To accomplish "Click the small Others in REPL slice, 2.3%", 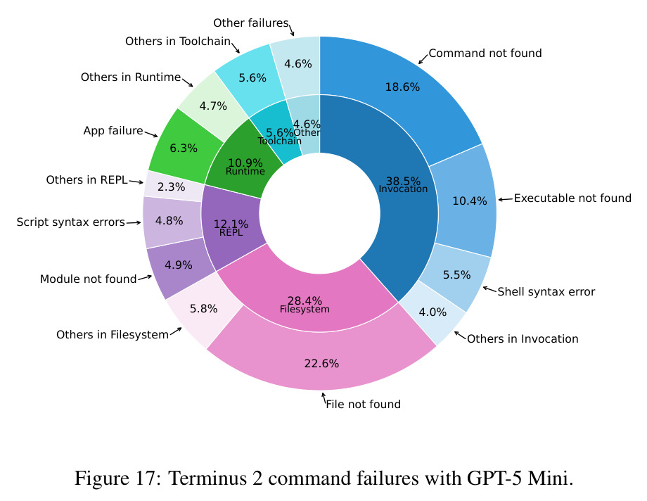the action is [171, 186].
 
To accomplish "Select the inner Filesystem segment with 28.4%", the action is [305, 298].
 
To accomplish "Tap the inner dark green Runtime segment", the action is [243, 163].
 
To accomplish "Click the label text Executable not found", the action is [572, 198].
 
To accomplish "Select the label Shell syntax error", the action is [546, 291].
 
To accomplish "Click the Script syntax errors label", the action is [70, 222].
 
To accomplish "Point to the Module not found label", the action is [88, 279].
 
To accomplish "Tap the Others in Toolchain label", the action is [178, 42].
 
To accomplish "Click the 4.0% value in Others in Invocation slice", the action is [433, 312].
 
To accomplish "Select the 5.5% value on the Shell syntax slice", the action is [457, 275].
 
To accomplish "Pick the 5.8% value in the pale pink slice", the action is [203, 308].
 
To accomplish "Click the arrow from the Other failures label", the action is [291, 30].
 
